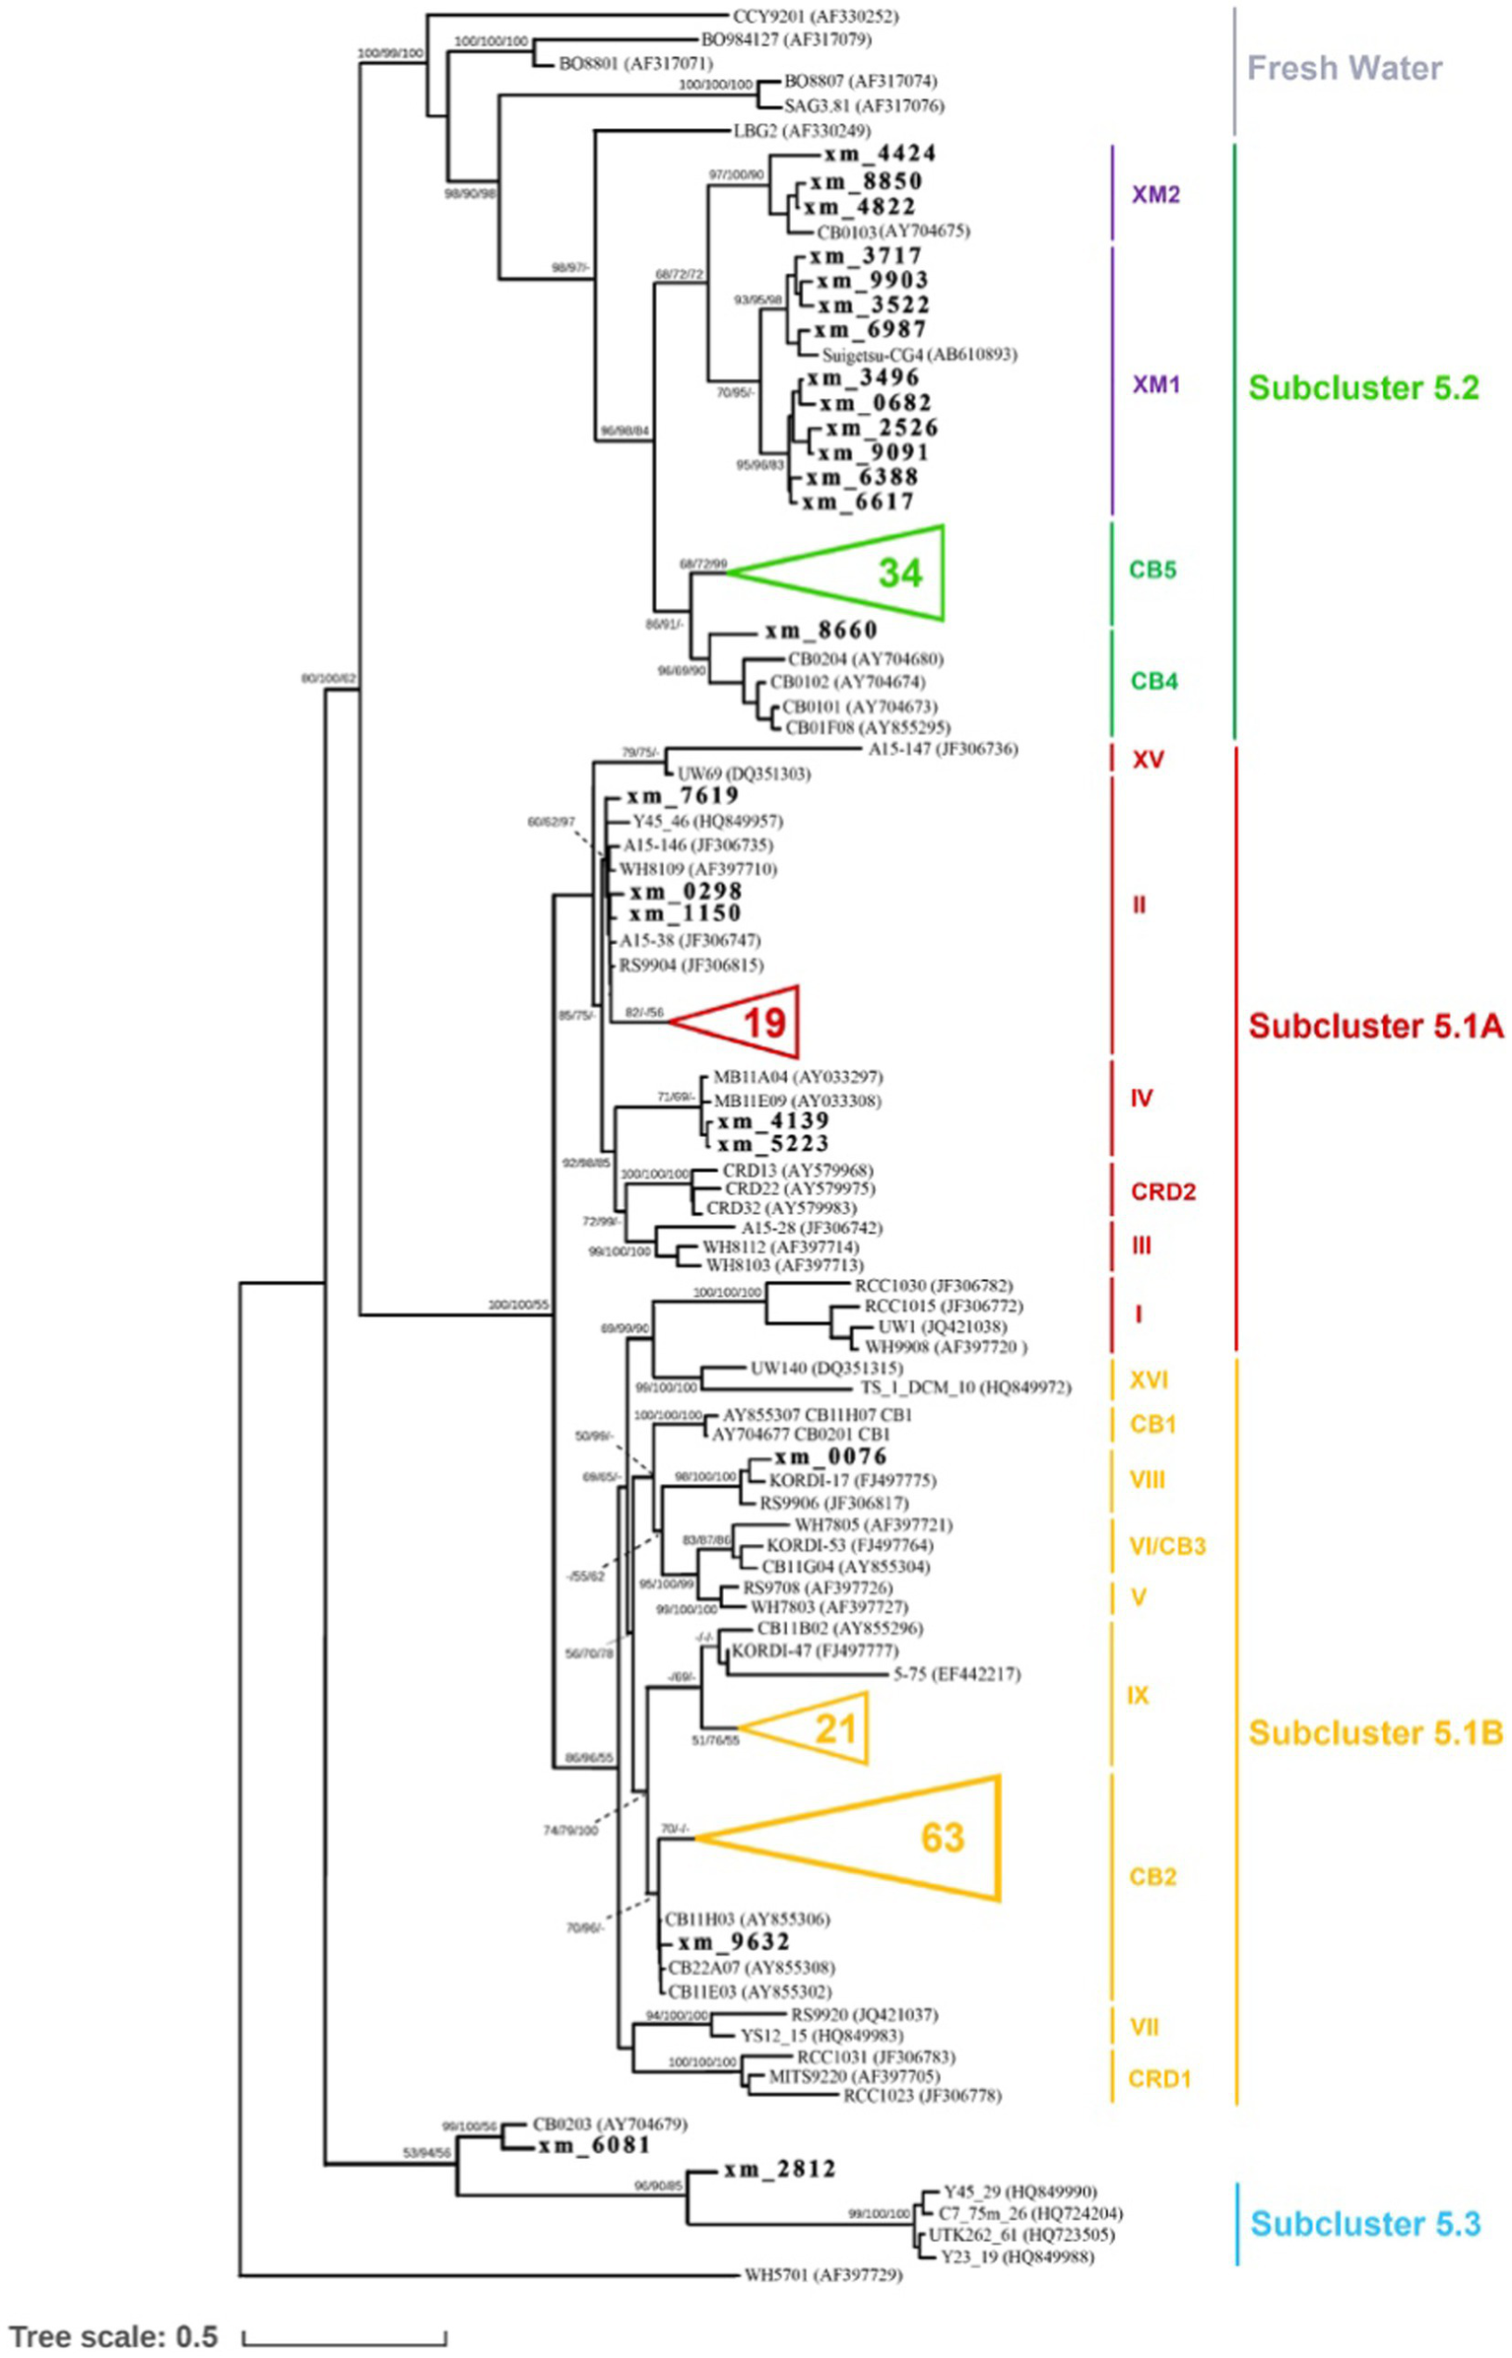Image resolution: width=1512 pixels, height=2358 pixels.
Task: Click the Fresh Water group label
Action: pos(1345,68)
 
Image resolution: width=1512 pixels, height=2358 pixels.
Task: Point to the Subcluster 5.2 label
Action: pos(1363,388)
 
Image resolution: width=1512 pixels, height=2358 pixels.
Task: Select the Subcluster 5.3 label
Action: pos(1365,2223)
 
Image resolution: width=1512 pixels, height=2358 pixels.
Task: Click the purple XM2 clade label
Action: pos(1155,194)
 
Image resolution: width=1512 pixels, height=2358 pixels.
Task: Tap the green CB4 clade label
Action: pos(1153,681)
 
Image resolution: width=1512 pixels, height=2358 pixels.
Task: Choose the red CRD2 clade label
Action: pos(1162,1191)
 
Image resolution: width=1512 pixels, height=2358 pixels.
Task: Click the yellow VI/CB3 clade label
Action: pos(1166,1546)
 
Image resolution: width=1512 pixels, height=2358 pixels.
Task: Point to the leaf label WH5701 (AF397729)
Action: pos(822,2275)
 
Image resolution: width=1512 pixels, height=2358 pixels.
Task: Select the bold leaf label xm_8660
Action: pos(821,631)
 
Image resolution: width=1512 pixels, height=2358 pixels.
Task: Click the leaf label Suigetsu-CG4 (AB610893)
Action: pos(919,355)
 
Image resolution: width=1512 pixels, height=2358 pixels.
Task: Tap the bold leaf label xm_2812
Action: pos(779,2170)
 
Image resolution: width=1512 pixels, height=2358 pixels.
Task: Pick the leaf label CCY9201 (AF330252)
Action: pos(815,17)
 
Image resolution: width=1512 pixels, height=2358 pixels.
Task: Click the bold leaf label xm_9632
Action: pos(733,1942)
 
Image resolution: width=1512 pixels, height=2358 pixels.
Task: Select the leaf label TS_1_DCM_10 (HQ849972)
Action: pos(965,1387)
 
